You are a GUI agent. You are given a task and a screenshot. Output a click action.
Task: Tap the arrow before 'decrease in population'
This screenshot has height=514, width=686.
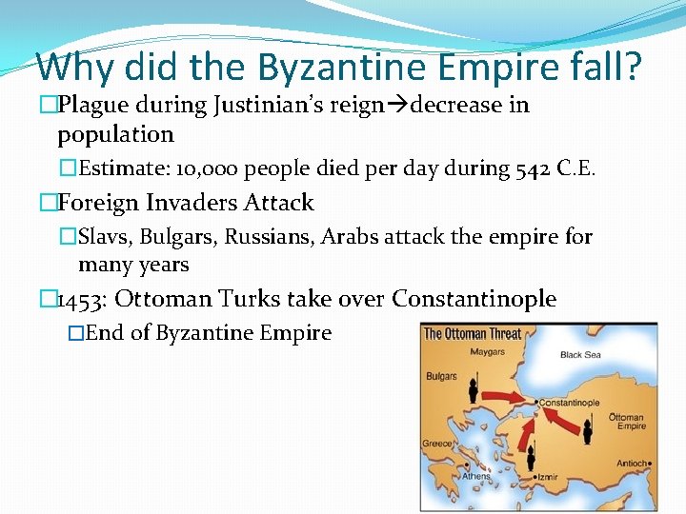pyautogui.click(x=397, y=105)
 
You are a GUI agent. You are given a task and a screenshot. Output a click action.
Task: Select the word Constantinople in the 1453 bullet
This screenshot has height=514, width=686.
pyautogui.click(x=474, y=299)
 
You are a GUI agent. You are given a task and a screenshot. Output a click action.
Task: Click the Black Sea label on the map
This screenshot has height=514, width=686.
pyautogui.click(x=580, y=355)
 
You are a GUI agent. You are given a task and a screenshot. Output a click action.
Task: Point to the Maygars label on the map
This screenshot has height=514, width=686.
pyautogui.click(x=487, y=353)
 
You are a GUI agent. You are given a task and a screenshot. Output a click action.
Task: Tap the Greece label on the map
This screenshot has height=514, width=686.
pyautogui.click(x=437, y=444)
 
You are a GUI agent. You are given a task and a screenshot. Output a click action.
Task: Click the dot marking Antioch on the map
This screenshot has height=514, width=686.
pyautogui.click(x=649, y=465)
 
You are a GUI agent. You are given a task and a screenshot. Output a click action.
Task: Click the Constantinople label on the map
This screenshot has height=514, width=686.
pyautogui.click(x=569, y=403)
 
